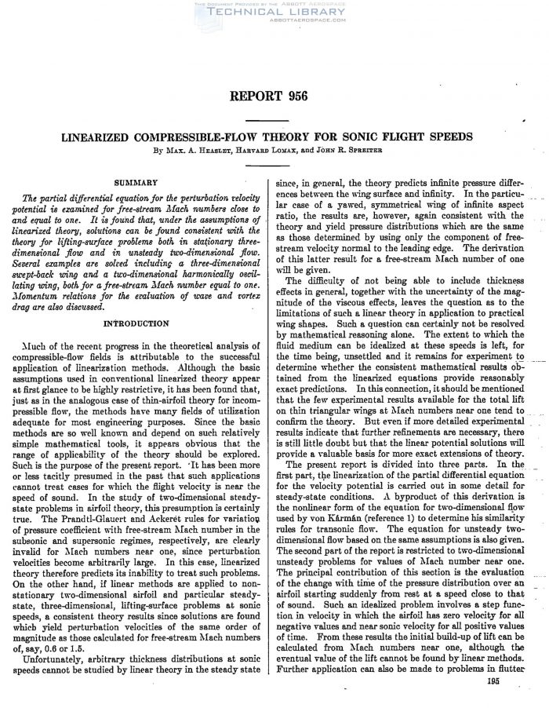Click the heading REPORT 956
[274, 97]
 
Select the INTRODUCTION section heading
[136, 323]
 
